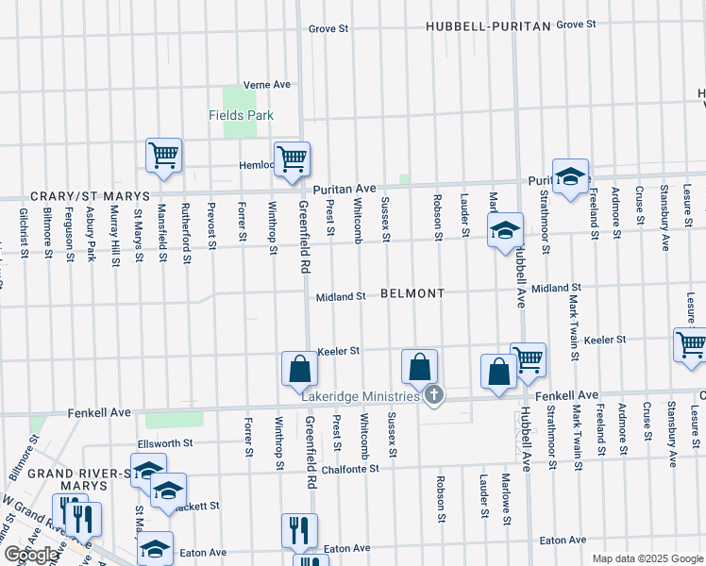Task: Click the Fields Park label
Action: click(241, 115)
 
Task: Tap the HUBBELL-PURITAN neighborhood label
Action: click(487, 26)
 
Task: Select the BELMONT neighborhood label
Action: click(412, 293)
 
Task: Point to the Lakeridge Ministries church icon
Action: click(434, 395)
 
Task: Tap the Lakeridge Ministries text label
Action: click(361, 396)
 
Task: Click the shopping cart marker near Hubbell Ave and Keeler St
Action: click(529, 358)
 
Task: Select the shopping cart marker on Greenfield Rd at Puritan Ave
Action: click(292, 158)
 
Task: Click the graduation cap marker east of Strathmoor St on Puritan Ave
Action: click(570, 175)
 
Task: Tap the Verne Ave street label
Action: click(266, 84)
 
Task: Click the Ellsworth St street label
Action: click(165, 441)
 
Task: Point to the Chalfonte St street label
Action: click(349, 468)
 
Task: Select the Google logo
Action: click(31, 555)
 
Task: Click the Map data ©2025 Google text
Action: click(647, 558)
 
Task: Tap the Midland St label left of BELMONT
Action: click(341, 296)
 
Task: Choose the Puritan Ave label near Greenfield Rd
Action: click(345, 189)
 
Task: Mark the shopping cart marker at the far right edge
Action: click(691, 345)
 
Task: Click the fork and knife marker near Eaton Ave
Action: click(299, 530)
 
